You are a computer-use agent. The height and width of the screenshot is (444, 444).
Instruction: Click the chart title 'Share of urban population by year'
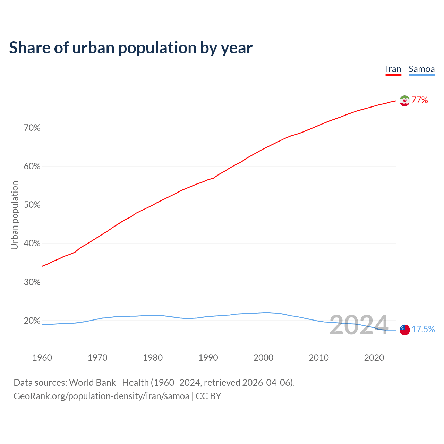coord(131,48)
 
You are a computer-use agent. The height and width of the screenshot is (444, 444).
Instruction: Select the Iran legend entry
coord(393,69)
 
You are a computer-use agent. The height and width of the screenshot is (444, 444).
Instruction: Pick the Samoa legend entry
coord(421,69)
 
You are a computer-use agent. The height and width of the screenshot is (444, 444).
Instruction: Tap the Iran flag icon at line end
coord(404,101)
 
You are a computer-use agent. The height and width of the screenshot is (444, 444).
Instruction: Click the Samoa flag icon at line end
coord(404,330)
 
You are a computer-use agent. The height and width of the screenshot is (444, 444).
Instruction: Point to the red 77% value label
coord(420,100)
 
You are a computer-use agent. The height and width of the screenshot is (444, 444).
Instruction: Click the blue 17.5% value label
coord(423,329)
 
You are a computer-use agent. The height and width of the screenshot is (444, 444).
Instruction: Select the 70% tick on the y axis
coord(32,128)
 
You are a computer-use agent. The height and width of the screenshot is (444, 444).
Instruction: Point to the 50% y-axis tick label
coord(32,205)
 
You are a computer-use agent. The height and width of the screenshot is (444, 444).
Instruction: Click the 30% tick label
coord(32,282)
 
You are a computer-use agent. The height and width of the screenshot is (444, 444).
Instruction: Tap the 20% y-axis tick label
coord(32,321)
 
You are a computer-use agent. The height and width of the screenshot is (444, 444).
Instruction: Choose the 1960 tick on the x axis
coord(42,358)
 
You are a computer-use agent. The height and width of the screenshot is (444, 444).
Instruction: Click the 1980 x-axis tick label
coord(153,358)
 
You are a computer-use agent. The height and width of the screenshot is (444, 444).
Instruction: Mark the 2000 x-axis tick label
coord(263,358)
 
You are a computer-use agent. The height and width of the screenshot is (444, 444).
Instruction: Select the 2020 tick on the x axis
coord(374,358)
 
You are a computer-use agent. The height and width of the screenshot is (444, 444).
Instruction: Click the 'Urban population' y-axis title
coord(15,215)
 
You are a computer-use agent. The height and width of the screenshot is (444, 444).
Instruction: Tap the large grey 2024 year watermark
coord(359,325)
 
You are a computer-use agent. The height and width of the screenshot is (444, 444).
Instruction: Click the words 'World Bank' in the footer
coord(92,383)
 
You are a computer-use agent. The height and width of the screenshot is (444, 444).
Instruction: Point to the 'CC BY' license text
coord(208,396)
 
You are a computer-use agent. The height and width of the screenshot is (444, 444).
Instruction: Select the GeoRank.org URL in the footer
coord(101,396)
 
